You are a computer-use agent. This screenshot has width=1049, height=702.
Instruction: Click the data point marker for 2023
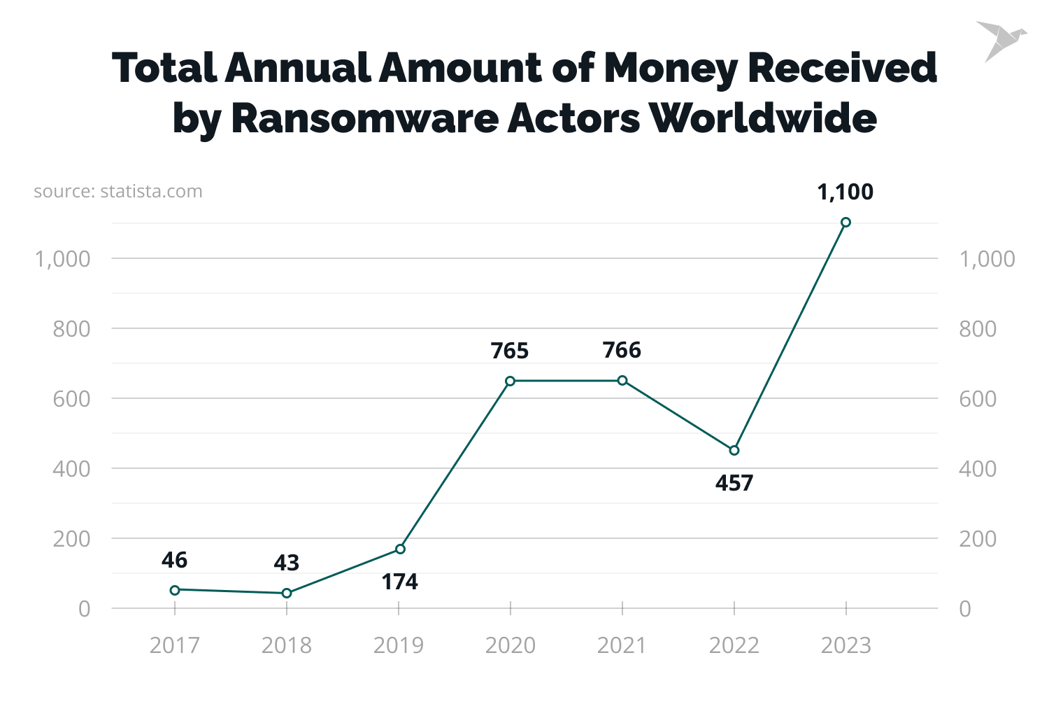pos(845,223)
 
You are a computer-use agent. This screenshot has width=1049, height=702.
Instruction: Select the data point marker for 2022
pos(734,450)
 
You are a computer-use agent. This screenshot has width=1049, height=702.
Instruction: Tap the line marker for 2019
pos(400,549)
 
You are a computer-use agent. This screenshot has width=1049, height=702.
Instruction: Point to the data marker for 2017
pos(175,590)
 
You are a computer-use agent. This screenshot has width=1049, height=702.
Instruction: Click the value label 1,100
pos(845,192)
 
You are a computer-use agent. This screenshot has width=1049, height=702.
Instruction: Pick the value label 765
pos(510,350)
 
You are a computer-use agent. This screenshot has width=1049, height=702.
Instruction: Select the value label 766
pos(622,349)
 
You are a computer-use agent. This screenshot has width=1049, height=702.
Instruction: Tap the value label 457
pos(734,483)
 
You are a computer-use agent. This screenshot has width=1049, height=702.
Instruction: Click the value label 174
pos(399,582)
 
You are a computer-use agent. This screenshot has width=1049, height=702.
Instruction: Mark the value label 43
pos(286,562)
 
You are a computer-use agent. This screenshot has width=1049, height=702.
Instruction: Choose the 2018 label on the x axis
pos(286,645)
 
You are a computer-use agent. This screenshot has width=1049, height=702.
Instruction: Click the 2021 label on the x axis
pos(622,645)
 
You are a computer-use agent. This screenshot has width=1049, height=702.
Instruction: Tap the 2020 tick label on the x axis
pos(510,645)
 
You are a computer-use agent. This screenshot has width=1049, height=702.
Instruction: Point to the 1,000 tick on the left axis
pos(63,259)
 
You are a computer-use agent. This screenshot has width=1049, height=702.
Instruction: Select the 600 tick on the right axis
pos(977,399)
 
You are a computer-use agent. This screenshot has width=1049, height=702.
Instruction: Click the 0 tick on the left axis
pos(84,609)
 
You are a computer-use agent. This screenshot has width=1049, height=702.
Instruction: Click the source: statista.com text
pos(117,191)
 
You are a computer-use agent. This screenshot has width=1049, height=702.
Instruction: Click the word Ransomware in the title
pos(364,118)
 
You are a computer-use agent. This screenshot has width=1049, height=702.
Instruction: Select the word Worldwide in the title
pos(763,118)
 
